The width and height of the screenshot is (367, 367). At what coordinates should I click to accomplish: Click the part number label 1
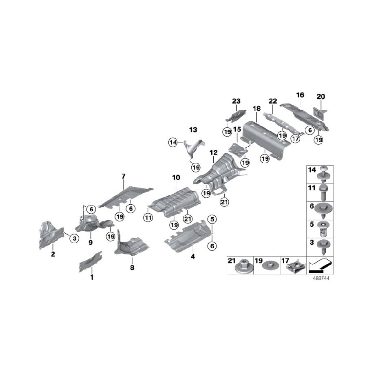tap(92, 277)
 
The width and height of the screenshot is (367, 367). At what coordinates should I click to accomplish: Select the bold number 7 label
tap(123, 176)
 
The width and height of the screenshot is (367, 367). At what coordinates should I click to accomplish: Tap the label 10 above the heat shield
tap(176, 178)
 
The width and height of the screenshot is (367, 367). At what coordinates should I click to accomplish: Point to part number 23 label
tap(237, 101)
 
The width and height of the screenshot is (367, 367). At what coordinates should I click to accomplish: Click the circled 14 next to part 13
tap(173, 142)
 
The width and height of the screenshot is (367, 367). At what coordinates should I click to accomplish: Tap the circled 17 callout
tap(296, 139)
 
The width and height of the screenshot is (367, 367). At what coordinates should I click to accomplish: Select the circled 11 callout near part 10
tap(148, 219)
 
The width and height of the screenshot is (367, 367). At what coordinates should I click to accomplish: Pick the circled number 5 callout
tap(211, 219)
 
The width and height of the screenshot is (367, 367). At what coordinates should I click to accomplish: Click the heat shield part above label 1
tap(91, 261)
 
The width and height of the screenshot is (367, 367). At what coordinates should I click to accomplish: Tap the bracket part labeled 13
tap(192, 148)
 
